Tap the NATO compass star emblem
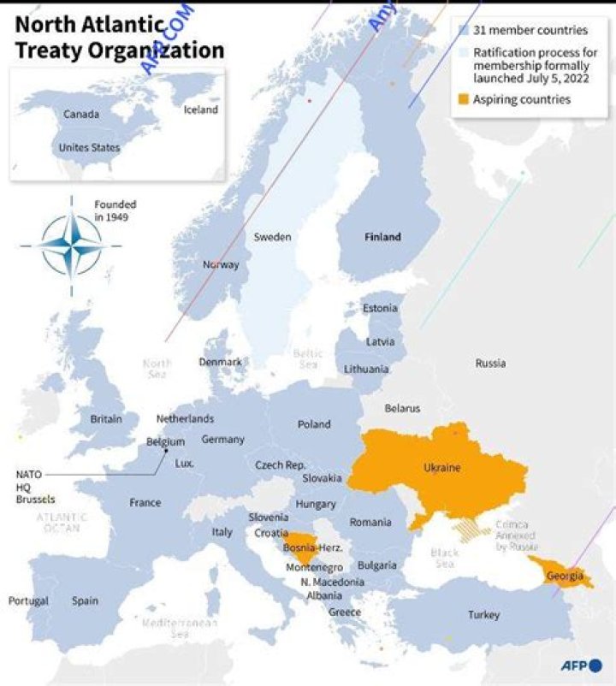click(71, 245)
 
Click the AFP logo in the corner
click(582, 665)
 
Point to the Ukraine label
click(441, 468)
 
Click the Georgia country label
click(564, 576)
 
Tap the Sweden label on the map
click(272, 237)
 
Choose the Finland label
click(382, 237)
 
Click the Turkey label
click(483, 615)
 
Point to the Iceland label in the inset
click(201, 109)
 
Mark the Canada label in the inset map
click(81, 114)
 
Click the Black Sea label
click(444, 558)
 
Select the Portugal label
click(28, 600)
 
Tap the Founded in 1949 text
click(115, 210)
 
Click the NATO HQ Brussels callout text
click(35, 486)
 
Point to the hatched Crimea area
click(471, 530)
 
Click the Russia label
click(490, 363)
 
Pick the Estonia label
click(380, 308)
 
